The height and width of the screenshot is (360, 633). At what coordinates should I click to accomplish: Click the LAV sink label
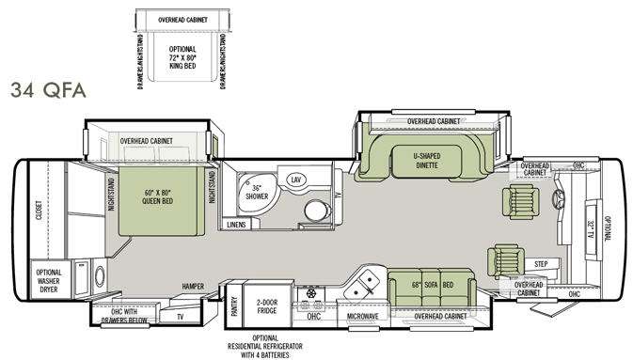(295, 179)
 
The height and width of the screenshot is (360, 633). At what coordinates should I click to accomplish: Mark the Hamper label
(195, 287)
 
